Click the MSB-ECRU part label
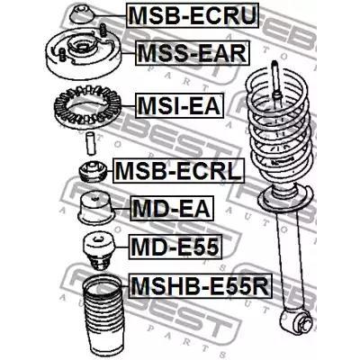[193, 15]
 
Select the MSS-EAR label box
[193, 53]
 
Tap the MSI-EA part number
[179, 105]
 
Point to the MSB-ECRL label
[179, 171]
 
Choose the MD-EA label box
[172, 209]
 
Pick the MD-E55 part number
[175, 247]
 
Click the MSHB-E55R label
[201, 285]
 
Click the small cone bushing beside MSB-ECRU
[82, 14]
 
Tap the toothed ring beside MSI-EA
[87, 107]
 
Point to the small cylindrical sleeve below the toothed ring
[90, 142]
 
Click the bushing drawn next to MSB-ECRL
[93, 171]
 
